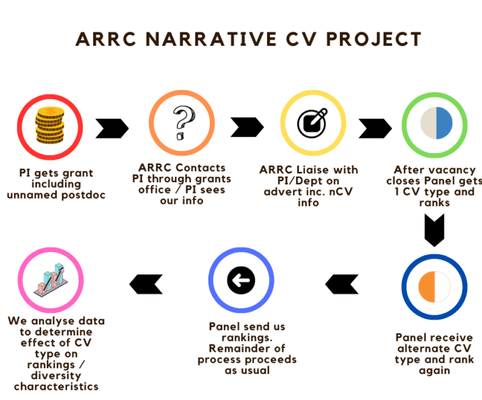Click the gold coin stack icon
(50, 125)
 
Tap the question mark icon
(183, 123)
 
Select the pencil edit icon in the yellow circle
(312, 123)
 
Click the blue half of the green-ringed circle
(444, 123)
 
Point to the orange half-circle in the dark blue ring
(426, 287)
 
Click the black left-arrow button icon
(241, 280)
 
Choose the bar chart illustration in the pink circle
(50, 280)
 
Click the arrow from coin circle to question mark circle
(112, 128)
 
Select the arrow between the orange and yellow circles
(247, 127)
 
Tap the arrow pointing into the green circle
(375, 128)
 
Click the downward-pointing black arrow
(434, 230)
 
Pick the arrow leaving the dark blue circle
(342, 284)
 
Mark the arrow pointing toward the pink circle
(146, 284)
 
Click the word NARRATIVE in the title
(211, 39)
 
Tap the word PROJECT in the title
(374, 39)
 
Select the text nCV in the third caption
(341, 192)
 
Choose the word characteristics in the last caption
(56, 387)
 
